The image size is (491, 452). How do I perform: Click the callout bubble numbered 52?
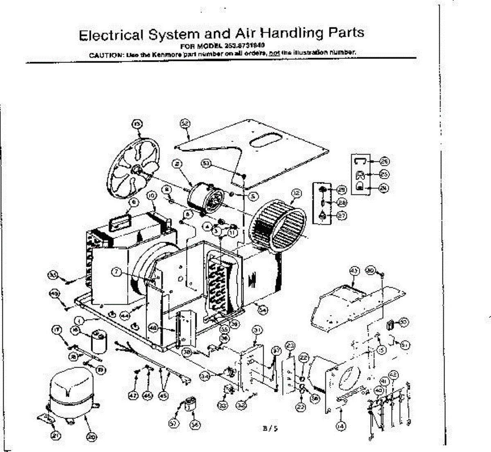click(x=185, y=123)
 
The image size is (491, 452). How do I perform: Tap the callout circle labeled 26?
click(x=384, y=161)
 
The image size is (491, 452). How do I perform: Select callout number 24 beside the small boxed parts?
click(x=384, y=188)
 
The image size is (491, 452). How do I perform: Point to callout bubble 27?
click(x=342, y=216)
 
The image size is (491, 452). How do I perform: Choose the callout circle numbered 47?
click(x=133, y=396)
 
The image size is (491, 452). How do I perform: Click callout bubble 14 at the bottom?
click(x=340, y=426)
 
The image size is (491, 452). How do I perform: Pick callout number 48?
click(x=153, y=328)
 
